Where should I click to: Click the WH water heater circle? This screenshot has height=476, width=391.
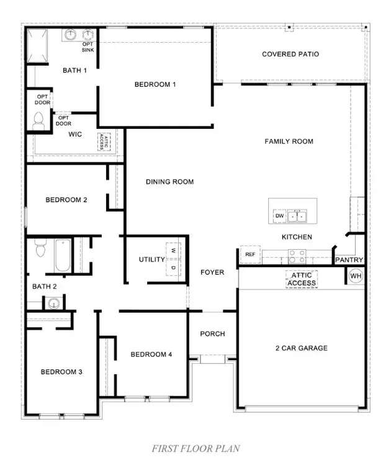pos(356,276)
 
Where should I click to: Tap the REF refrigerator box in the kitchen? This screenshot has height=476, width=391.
pos(249,255)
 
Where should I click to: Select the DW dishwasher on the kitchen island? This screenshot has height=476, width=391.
pos(279,216)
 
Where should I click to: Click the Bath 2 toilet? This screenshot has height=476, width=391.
pos(41,249)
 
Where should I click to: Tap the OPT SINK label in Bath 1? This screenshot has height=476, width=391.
pos(88,46)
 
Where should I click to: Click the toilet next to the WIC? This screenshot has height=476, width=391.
pos(38,120)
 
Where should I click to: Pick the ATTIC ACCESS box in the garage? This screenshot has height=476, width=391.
pos(302,279)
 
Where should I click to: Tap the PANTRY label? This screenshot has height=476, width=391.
pos(349,260)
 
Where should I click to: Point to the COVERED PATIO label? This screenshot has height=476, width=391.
pos(290,55)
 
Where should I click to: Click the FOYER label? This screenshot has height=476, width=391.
pos(212,272)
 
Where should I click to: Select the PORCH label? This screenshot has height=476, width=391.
pos(212,334)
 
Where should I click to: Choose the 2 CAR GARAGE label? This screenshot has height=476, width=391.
pos(301,348)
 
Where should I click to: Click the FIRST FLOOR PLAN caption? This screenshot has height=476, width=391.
pos(195,448)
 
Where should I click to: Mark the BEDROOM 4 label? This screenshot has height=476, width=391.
pos(151,355)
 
